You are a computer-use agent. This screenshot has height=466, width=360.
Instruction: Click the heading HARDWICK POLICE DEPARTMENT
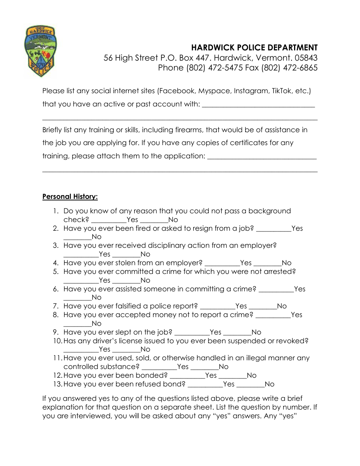pyautogui.click(x=254, y=47)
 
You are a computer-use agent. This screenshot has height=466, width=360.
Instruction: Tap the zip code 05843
pyautogui.click(x=306, y=58)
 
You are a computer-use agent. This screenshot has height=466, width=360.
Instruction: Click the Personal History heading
pyautogui.click(x=70, y=197)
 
